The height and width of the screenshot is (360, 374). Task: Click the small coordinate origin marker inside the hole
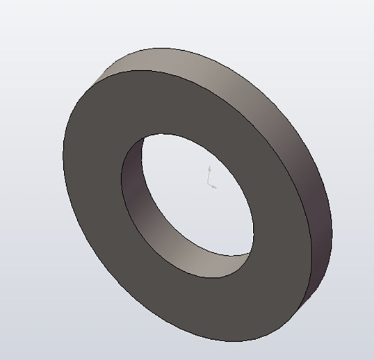tap(211, 178)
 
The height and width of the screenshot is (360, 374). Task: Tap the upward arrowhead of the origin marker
tap(210, 168)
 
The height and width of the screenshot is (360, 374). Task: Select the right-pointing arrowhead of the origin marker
tap(216, 186)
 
